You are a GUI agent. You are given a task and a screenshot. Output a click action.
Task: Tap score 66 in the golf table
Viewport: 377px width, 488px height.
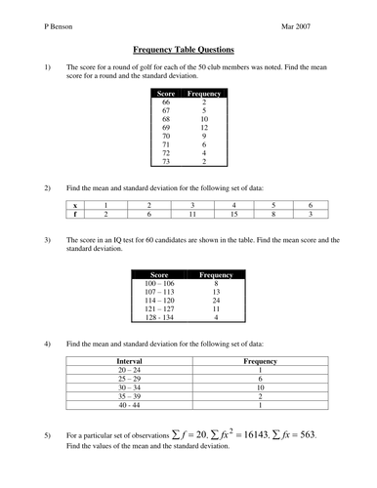tap(166, 102)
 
